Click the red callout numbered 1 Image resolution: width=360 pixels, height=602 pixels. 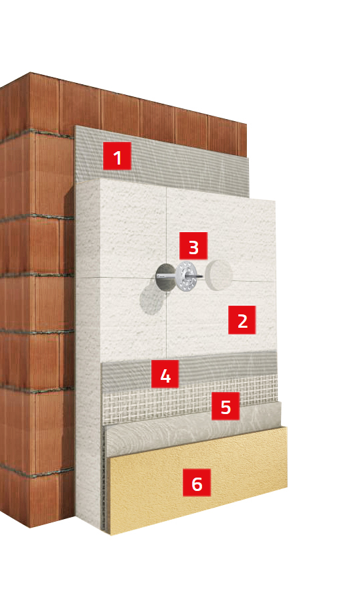pos(117,156)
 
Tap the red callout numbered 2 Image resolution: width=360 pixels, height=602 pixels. pos(242,320)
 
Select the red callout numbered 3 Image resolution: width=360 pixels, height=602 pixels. pos(193,245)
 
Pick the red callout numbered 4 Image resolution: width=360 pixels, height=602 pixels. pos(165,374)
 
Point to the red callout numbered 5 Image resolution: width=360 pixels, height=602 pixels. pos(226,406)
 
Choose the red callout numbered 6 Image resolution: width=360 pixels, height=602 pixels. pos(197,482)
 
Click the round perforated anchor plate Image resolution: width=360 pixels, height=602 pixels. pos(186,276)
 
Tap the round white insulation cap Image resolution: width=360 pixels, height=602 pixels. pos(218,274)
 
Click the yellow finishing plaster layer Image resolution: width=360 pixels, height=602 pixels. pos(198,480)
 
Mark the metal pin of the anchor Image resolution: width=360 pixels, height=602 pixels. pos(181,276)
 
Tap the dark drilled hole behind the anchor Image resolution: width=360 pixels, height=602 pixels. pos(165,276)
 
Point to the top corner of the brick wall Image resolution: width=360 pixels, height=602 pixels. pos(30,72)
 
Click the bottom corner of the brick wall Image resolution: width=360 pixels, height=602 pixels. pos(30,528)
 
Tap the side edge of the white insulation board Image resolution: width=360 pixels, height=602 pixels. pos(88,346)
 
